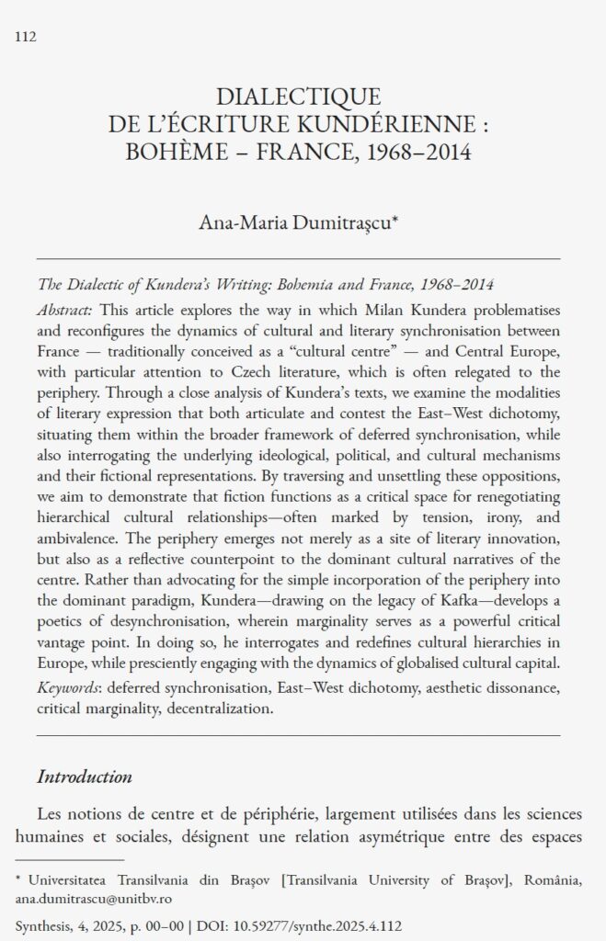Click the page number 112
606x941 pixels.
click(26, 37)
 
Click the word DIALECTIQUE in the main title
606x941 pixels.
click(297, 96)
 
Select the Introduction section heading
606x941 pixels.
click(85, 777)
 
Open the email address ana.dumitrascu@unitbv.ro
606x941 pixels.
click(95, 899)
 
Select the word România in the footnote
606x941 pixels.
click(551, 880)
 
